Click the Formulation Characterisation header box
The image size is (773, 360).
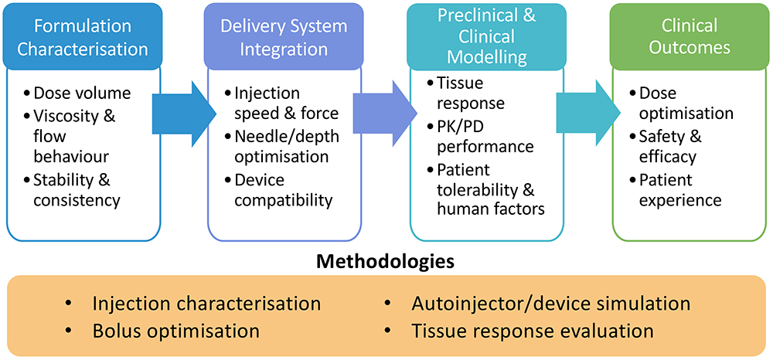point(83,36)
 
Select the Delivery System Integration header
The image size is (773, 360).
point(285,36)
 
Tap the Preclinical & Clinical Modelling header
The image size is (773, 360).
point(487,36)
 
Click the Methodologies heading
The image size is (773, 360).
point(385,261)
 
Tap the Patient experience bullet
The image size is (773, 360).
point(680,190)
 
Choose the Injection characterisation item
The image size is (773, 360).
point(205,303)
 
